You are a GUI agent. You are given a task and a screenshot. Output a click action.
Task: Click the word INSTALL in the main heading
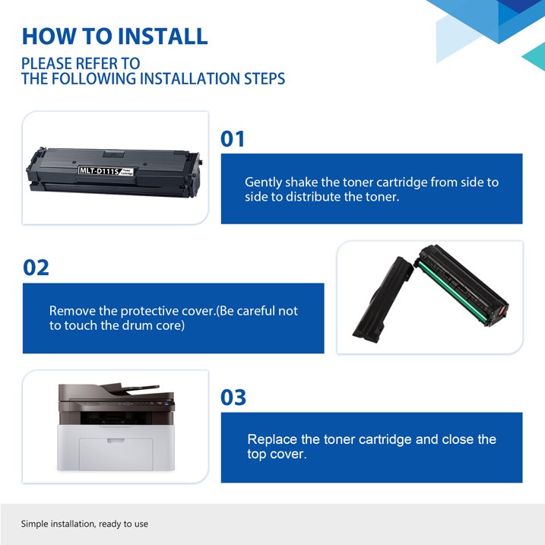click(x=162, y=36)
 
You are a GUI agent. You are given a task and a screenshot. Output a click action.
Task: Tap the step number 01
click(x=233, y=138)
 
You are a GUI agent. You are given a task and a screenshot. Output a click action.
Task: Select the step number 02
click(x=36, y=268)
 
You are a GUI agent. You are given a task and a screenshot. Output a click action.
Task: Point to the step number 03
click(x=233, y=397)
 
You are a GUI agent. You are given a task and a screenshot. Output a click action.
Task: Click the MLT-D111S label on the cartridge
click(x=100, y=170)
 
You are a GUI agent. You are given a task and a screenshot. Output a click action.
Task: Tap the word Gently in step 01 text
click(x=263, y=182)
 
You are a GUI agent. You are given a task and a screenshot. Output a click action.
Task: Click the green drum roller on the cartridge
click(x=452, y=291)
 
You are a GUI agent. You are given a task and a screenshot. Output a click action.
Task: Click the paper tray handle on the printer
click(x=116, y=440)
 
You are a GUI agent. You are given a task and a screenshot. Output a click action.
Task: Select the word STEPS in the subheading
click(x=265, y=78)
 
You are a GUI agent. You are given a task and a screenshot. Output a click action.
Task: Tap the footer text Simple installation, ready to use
click(x=84, y=524)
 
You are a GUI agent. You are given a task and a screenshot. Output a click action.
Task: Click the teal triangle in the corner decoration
click(x=534, y=57)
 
